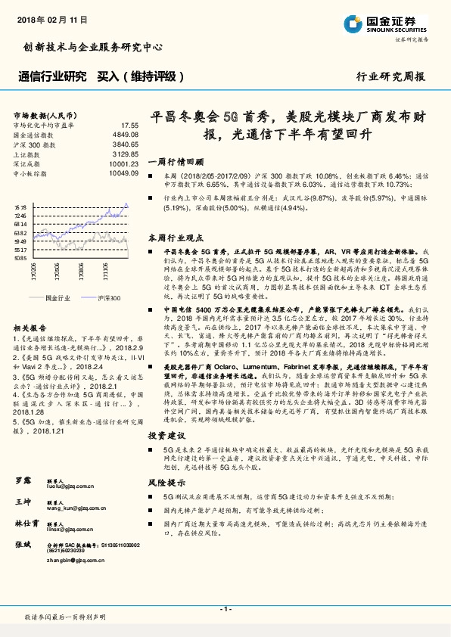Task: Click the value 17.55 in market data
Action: [x=129, y=125]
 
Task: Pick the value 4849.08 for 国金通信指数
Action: [x=126, y=134]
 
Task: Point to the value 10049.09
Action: [x=123, y=172]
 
